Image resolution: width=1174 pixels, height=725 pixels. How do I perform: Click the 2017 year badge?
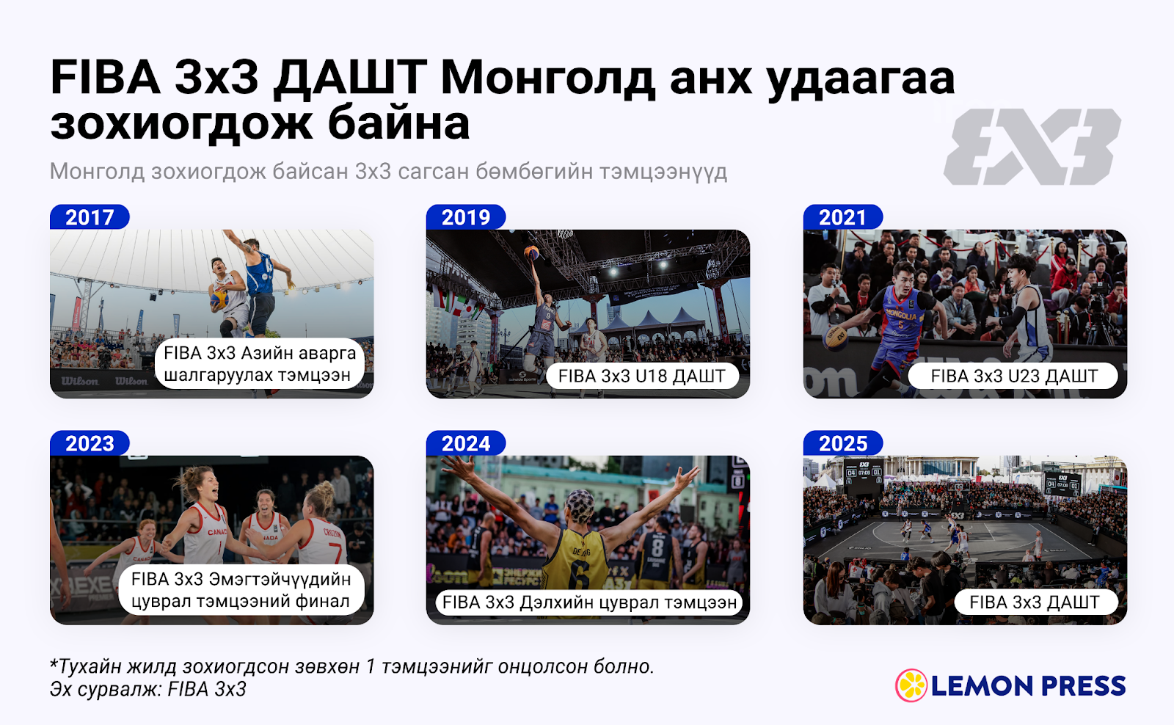tap(90, 217)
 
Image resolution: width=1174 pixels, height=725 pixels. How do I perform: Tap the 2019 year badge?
tap(466, 217)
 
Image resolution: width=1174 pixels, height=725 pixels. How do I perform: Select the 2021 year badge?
tap(843, 217)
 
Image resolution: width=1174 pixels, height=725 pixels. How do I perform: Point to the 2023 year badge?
tap(90, 443)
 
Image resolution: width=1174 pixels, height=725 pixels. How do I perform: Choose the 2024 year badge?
tap(466, 443)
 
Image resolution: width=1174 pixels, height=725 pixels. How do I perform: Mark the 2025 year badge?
tap(843, 443)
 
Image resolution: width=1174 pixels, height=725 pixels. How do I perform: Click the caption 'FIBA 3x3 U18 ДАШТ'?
tap(642, 376)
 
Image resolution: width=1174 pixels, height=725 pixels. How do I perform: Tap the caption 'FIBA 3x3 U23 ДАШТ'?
tap(1013, 376)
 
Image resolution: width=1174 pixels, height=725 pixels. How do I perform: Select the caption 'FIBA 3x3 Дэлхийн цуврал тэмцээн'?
tap(590, 602)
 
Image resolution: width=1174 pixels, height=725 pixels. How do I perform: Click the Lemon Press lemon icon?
tap(911, 685)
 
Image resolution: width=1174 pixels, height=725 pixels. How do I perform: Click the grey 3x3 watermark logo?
tap(1032, 146)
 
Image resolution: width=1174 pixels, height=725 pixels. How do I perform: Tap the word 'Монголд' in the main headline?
tap(547, 78)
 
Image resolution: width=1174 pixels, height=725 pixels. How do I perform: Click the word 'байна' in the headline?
tap(398, 123)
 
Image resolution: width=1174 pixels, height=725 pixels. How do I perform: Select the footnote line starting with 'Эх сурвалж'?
tap(147, 689)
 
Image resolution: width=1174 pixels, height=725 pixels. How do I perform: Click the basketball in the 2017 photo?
tap(219, 299)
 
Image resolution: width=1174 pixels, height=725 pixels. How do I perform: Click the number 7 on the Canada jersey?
tap(335, 554)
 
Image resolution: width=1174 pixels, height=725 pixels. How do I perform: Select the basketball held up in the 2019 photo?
tap(531, 253)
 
